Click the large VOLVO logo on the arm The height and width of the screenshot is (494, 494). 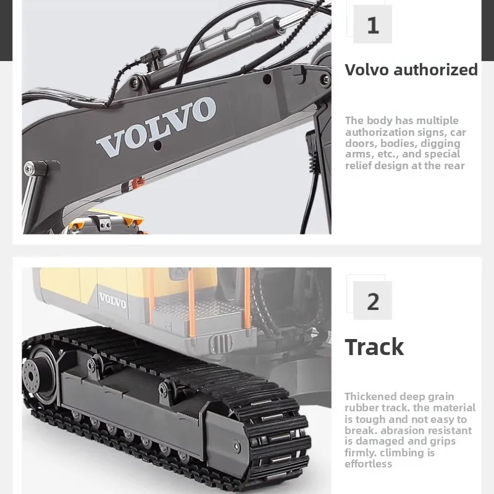[156, 127]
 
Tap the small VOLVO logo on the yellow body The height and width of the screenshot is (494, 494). [112, 301]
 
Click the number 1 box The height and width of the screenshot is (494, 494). [372, 25]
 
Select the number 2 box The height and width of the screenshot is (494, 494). [372, 301]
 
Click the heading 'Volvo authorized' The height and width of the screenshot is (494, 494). [411, 70]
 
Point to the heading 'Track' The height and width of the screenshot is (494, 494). [374, 347]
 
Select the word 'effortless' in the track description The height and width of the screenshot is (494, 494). [369, 464]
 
